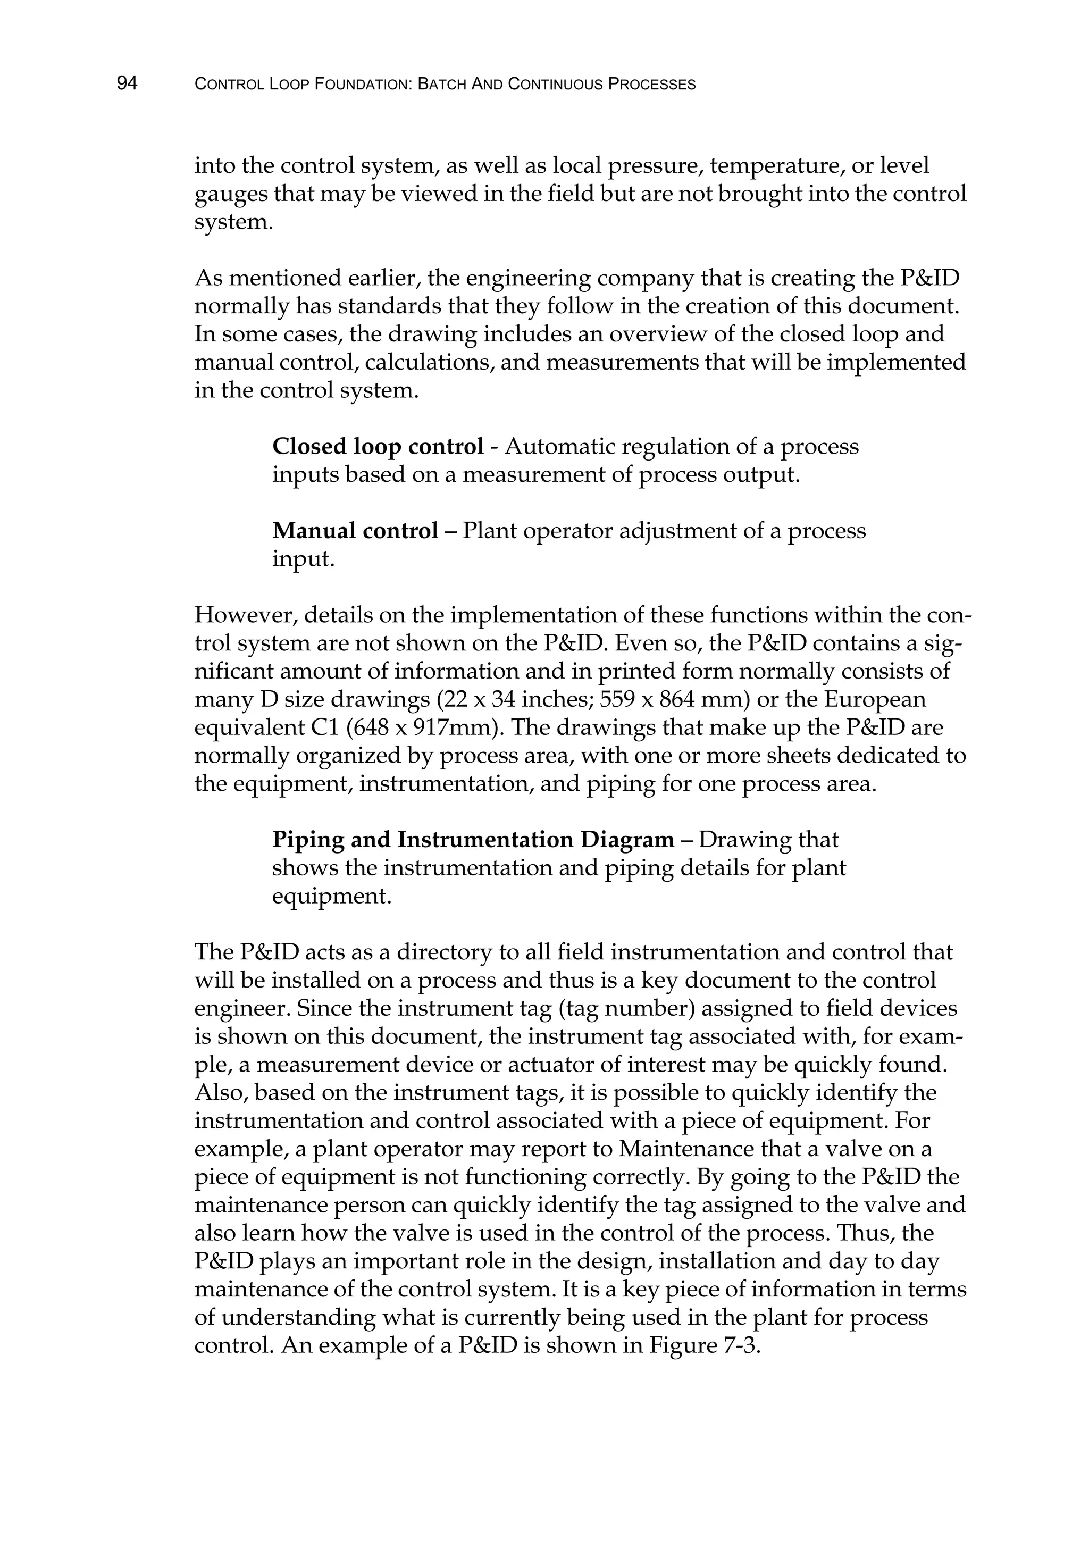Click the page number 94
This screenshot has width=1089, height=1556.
(x=128, y=83)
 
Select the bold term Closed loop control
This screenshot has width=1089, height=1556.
(x=378, y=447)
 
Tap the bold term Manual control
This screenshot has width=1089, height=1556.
(x=355, y=531)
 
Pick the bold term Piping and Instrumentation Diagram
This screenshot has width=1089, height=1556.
(x=473, y=840)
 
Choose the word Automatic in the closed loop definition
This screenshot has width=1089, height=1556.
(x=559, y=447)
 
